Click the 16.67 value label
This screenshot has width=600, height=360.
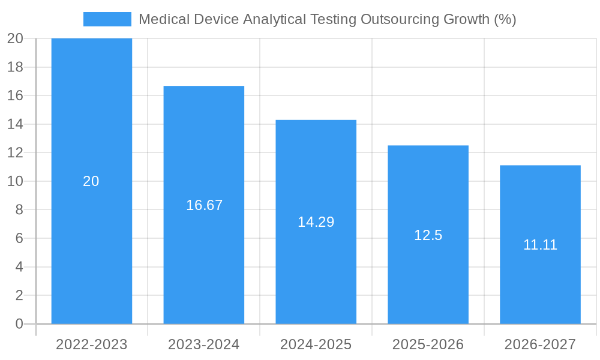(204, 205)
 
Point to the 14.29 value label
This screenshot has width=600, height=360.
(316, 222)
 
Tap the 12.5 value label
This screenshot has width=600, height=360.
(428, 235)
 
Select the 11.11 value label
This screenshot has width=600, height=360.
(540, 245)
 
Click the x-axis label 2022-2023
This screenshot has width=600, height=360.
(92, 344)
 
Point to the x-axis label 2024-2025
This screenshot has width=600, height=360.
(316, 344)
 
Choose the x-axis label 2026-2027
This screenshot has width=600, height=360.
(540, 344)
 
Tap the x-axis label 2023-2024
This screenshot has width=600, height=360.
(204, 344)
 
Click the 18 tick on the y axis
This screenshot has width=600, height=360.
(15, 67)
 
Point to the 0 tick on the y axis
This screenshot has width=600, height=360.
(19, 324)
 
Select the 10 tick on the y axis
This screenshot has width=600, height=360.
(15, 181)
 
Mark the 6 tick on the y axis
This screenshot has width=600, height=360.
(19, 238)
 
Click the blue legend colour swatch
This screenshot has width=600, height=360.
(107, 19)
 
